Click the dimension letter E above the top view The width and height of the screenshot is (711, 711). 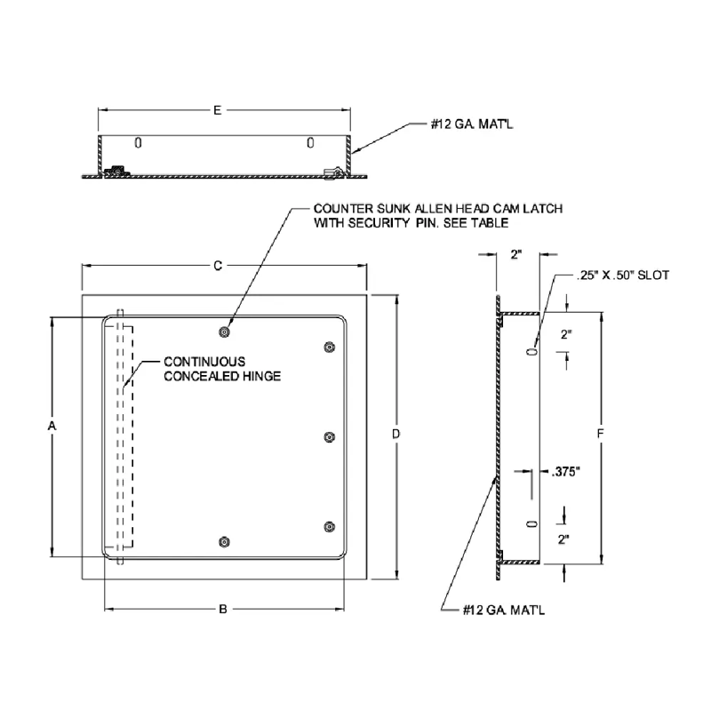tap(217, 109)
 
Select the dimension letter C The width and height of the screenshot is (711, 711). tap(217, 265)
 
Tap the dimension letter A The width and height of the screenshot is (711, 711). tap(52, 427)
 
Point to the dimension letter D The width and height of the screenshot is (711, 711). tap(396, 434)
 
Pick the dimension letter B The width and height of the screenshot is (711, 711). tap(223, 609)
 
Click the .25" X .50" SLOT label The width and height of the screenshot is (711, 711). tap(621, 276)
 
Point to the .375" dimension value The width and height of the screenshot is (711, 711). tap(565, 472)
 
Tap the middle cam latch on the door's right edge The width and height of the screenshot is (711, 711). tap(330, 436)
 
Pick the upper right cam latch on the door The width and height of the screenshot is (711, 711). tap(330, 347)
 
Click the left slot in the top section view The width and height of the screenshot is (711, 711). tap(137, 142)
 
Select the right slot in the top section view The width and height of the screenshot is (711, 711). tap(309, 142)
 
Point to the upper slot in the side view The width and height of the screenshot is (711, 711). tap(531, 352)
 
